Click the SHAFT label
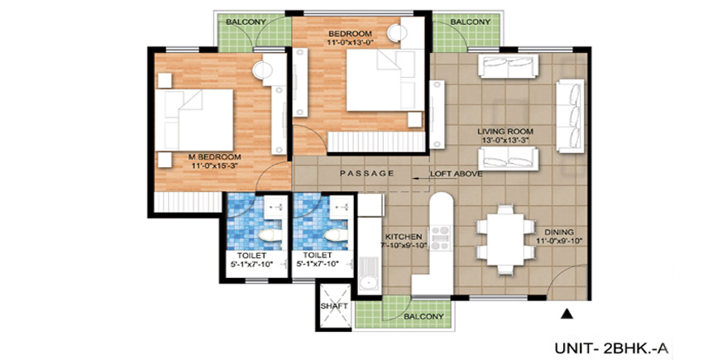click(x=334, y=306)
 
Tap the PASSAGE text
click(x=366, y=173)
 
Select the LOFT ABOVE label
click(x=456, y=174)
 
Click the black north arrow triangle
click(x=567, y=314)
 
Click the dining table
click(x=505, y=240)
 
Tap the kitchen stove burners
click(x=440, y=238)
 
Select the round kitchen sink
click(x=370, y=283)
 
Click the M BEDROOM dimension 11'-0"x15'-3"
click(x=214, y=166)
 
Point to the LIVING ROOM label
click(x=505, y=132)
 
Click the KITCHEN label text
click(x=404, y=237)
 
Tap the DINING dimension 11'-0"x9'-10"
click(x=559, y=241)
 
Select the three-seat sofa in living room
click(x=571, y=116)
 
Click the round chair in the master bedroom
click(x=263, y=70)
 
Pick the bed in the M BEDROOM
click(x=194, y=120)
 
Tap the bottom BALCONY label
click(x=423, y=316)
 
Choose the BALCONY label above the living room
click(x=471, y=22)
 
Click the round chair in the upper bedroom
click(x=397, y=34)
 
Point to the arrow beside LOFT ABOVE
click(x=420, y=178)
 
